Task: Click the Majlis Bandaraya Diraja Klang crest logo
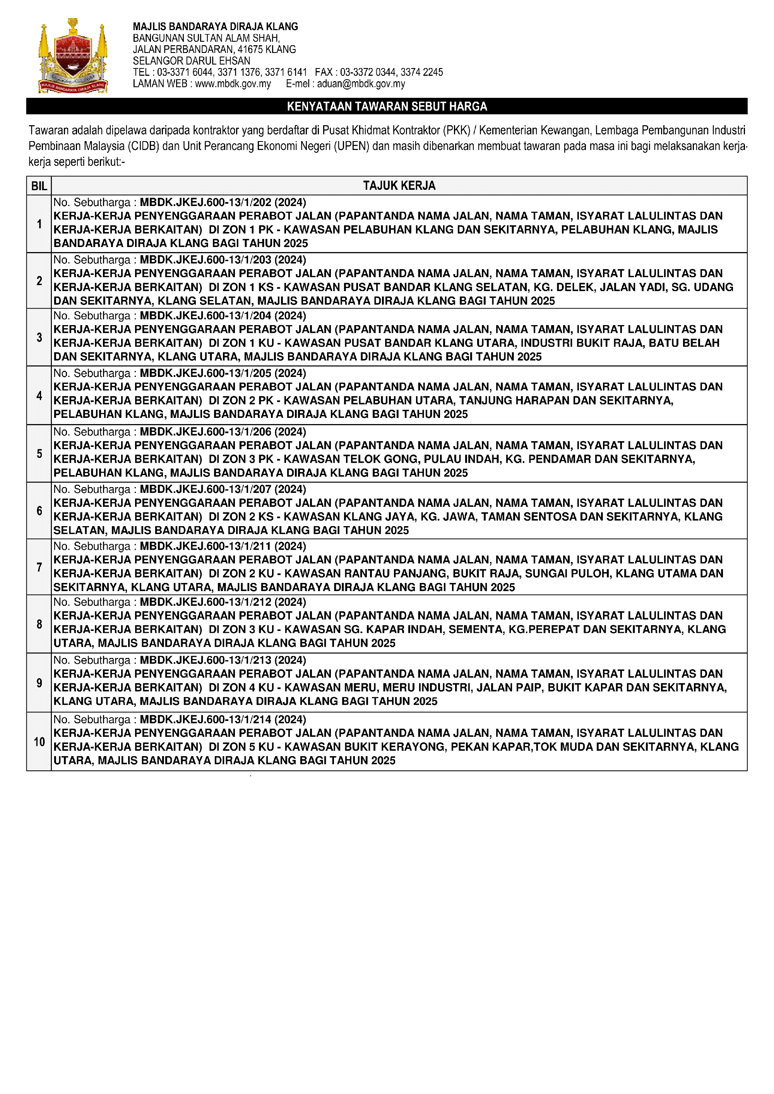(x=73, y=56)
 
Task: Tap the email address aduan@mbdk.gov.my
(x=361, y=84)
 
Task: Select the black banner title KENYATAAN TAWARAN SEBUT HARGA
(x=387, y=106)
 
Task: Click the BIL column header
(x=39, y=186)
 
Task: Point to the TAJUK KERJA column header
(x=399, y=186)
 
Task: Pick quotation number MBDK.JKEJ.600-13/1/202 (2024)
(x=223, y=203)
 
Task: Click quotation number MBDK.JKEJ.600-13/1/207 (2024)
(x=223, y=489)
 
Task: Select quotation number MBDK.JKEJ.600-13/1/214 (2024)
(x=223, y=719)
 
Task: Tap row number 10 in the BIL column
(x=39, y=742)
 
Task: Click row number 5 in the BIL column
(x=39, y=453)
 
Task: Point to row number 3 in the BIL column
(x=39, y=337)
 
